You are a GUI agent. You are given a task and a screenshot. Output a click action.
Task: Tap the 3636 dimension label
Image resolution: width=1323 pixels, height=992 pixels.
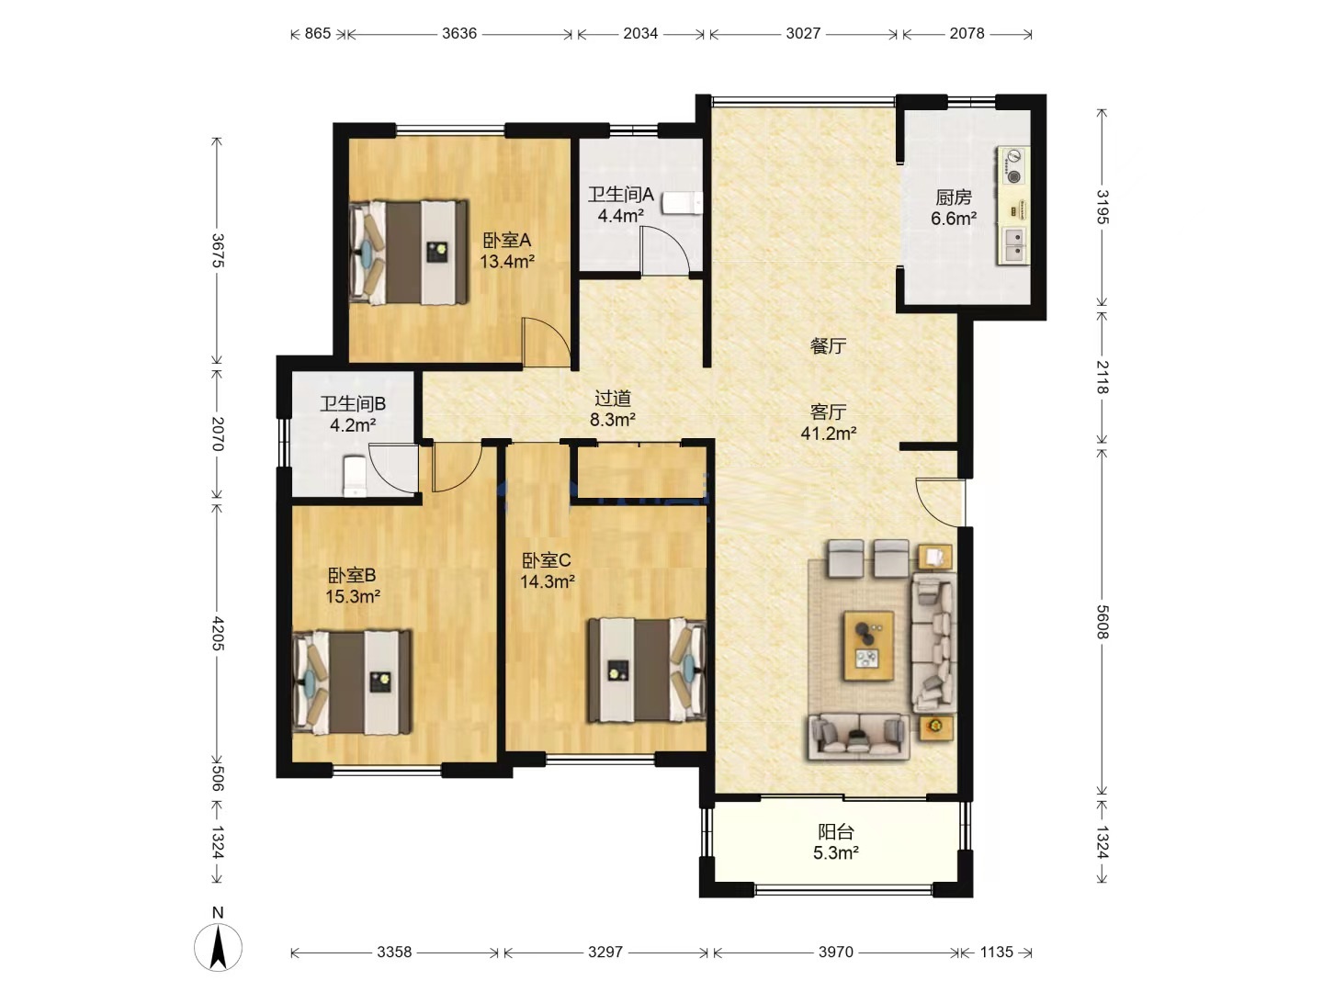pyautogui.click(x=459, y=33)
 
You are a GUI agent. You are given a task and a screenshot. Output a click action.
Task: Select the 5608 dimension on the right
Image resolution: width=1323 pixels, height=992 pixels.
pyautogui.click(x=1102, y=622)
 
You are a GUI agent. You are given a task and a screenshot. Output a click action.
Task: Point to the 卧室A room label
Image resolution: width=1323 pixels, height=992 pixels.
pyautogui.click(x=506, y=241)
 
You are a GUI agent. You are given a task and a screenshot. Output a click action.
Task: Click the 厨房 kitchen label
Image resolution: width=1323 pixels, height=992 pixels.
pyautogui.click(x=954, y=197)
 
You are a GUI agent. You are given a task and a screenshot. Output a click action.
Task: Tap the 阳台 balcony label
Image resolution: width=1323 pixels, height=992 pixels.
pyautogui.click(x=835, y=832)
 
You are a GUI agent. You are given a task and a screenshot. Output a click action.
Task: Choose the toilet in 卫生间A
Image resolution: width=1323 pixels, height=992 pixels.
pyautogui.click(x=683, y=202)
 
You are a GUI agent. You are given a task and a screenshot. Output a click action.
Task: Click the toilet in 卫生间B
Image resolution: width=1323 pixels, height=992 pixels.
pyautogui.click(x=354, y=477)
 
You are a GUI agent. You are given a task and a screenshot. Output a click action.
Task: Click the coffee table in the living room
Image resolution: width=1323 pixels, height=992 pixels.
pyautogui.click(x=868, y=645)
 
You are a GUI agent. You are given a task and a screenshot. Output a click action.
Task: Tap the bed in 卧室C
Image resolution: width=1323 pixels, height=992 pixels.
pyautogui.click(x=647, y=670)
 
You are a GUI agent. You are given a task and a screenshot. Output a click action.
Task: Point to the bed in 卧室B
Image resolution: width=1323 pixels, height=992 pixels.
pyautogui.click(x=352, y=682)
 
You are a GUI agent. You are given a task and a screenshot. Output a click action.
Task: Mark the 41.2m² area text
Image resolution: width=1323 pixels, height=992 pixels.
pyautogui.click(x=828, y=433)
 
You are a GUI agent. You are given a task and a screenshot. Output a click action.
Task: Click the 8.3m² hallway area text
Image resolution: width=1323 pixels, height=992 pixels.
pyautogui.click(x=613, y=419)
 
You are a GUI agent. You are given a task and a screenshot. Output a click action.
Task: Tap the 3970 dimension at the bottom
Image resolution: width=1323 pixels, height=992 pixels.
pyautogui.click(x=835, y=952)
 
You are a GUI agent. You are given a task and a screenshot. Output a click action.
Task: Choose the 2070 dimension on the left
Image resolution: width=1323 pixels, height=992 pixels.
pyautogui.click(x=218, y=434)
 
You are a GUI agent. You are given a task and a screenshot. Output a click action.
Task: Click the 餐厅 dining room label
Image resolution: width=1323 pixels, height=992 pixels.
pyautogui.click(x=828, y=345)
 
